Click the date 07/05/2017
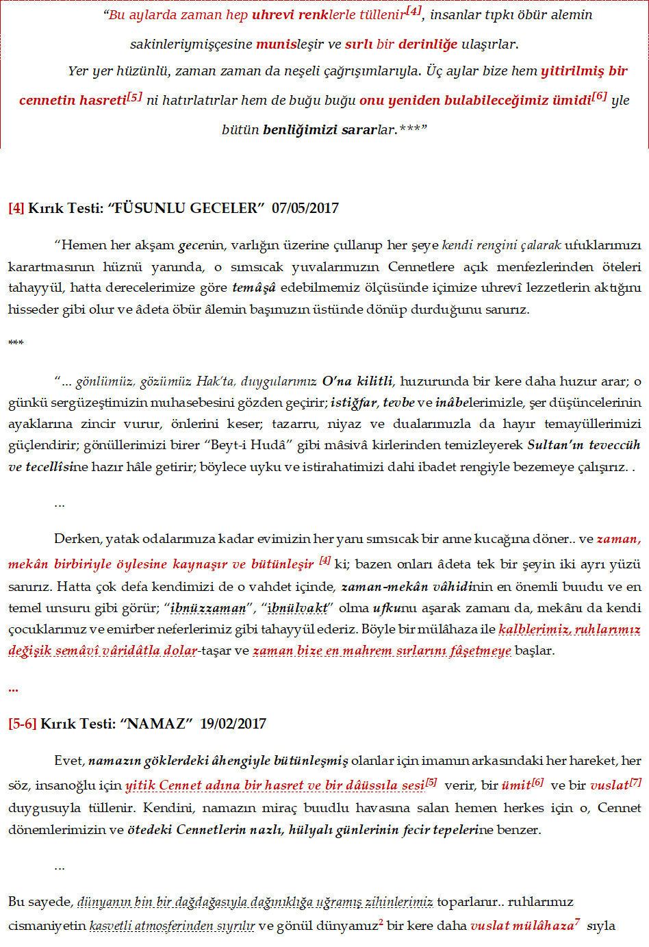[x=305, y=208]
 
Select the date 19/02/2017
[x=233, y=724]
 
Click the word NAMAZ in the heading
[x=156, y=724]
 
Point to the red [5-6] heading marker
[x=22, y=724]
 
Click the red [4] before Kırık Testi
[x=16, y=208]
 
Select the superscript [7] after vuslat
[x=635, y=782]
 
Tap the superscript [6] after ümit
[x=537, y=782]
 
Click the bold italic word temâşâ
[x=254, y=288]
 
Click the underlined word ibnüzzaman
[x=208, y=608]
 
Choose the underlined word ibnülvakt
[x=298, y=608]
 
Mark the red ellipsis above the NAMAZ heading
[x=13, y=689]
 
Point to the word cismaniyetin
[x=47, y=926]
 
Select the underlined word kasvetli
[x=110, y=926]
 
